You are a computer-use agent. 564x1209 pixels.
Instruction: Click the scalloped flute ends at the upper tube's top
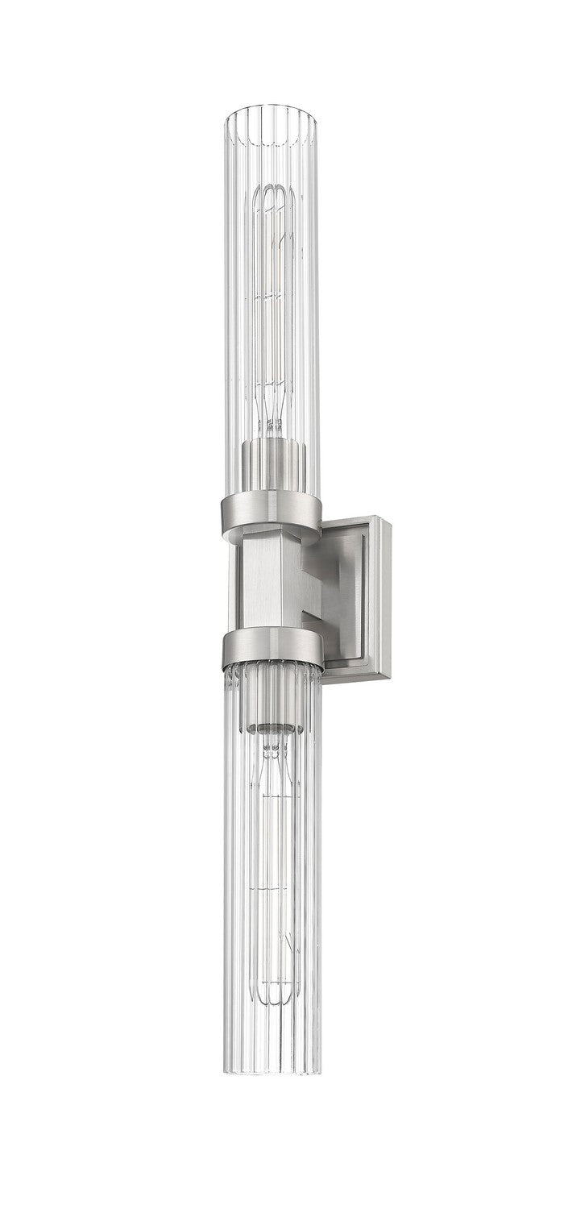coord(272,121)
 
